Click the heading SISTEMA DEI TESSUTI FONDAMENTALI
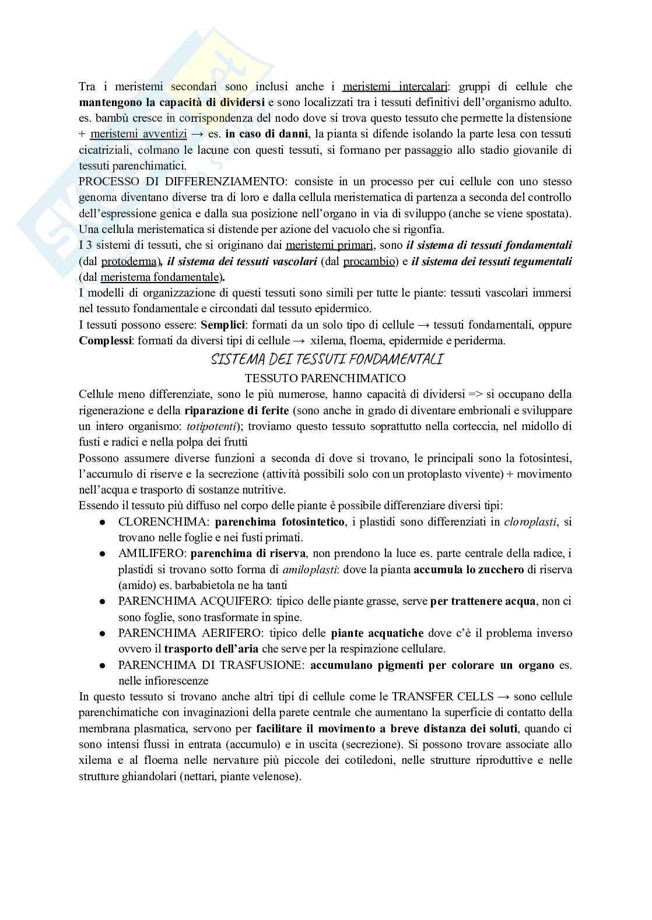tap(325, 359)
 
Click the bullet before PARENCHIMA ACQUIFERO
tap(102, 601)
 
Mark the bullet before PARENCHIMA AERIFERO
tap(102, 633)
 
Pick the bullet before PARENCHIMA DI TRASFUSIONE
tap(102, 665)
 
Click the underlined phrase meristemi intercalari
tap(395, 87)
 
